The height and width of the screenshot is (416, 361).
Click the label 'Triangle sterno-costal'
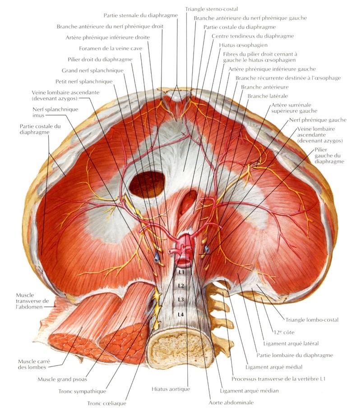[211, 9]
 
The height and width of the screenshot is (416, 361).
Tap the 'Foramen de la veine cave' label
[111, 49]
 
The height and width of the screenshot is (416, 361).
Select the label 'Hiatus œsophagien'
[243, 46]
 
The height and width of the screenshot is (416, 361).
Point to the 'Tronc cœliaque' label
[106, 403]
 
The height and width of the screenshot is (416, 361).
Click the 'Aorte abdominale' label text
[231, 403]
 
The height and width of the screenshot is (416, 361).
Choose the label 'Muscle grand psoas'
[62, 379]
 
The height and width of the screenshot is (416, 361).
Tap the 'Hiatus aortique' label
[171, 389]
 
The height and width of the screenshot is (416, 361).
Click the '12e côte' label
[284, 332]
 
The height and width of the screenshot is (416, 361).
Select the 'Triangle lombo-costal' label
[312, 320]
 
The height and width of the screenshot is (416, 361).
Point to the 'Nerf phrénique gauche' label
[318, 120]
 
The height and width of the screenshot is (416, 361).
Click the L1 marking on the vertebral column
[181, 272]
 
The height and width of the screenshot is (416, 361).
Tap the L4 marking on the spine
[181, 314]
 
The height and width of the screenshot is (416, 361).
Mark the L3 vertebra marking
[181, 300]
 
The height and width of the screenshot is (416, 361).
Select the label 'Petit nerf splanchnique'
[84, 82]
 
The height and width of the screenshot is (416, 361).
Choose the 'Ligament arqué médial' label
[274, 367]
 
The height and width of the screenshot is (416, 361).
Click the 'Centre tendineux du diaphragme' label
[253, 36]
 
